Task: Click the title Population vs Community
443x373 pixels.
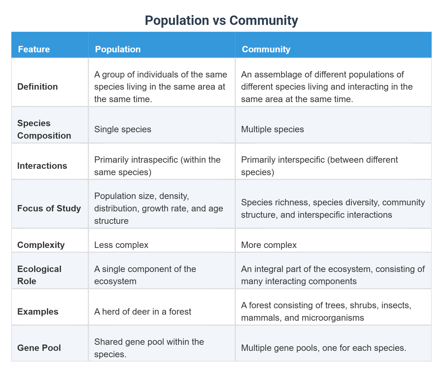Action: click(x=221, y=20)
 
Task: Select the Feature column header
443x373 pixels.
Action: click(x=34, y=49)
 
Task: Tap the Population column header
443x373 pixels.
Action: click(x=118, y=49)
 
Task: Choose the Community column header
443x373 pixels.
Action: click(x=266, y=49)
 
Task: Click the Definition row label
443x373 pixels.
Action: click(x=37, y=87)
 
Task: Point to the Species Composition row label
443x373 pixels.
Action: click(x=44, y=129)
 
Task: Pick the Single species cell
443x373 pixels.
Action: click(x=123, y=129)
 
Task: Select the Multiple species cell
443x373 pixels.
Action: click(x=272, y=129)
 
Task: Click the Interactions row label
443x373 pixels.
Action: click(x=42, y=166)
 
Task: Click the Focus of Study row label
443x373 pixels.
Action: click(x=49, y=208)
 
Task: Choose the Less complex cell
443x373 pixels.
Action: click(x=121, y=245)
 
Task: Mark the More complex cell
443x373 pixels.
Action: click(x=269, y=245)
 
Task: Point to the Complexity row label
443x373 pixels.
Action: click(x=41, y=245)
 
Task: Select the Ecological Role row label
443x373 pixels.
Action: click(x=39, y=275)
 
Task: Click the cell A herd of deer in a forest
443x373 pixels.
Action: click(x=143, y=312)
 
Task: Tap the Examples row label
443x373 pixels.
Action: click(x=38, y=312)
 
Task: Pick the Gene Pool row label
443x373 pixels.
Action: click(x=39, y=348)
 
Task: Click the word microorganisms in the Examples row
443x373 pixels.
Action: click(x=333, y=318)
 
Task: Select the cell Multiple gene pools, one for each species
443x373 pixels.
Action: click(x=323, y=348)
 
